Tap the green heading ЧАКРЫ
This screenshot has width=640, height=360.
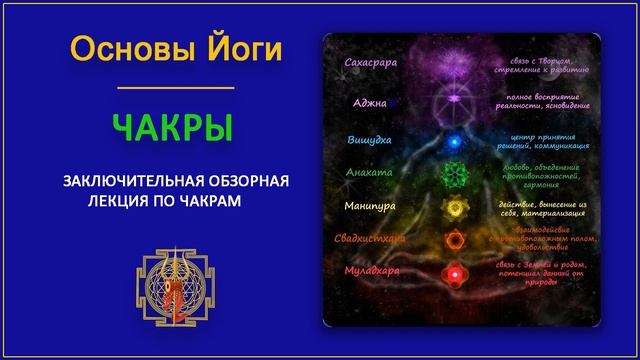pos(174,128)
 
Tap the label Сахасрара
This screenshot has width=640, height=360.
pos(369,63)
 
